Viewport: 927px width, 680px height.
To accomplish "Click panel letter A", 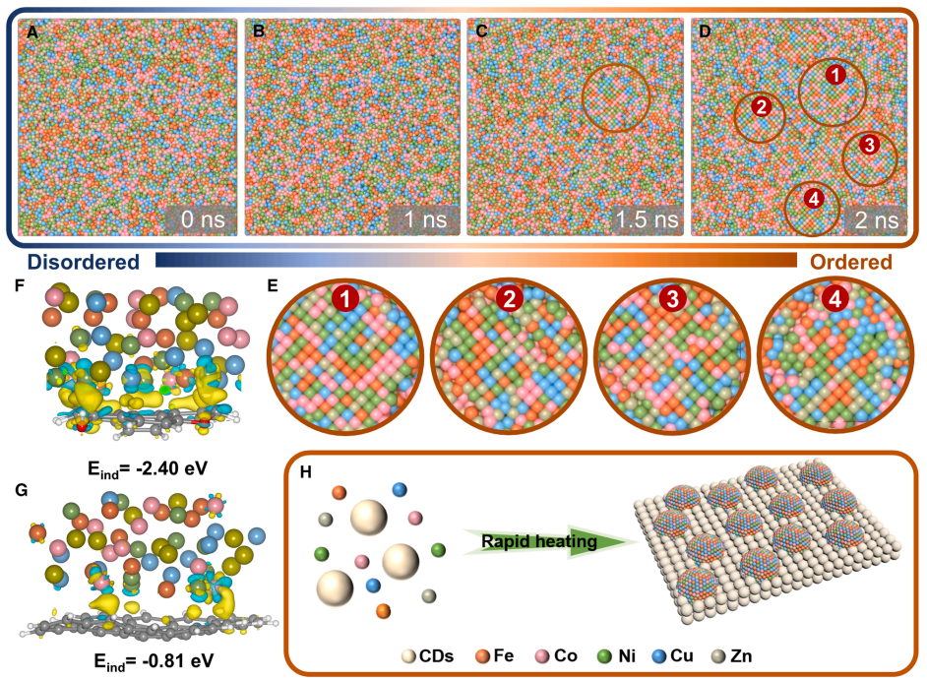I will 32,31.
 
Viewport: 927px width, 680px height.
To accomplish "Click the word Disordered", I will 82,263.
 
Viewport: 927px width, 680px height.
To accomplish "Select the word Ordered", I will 850,263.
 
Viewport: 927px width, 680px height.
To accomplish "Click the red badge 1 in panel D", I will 833,74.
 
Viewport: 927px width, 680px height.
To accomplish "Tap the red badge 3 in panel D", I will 869,145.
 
